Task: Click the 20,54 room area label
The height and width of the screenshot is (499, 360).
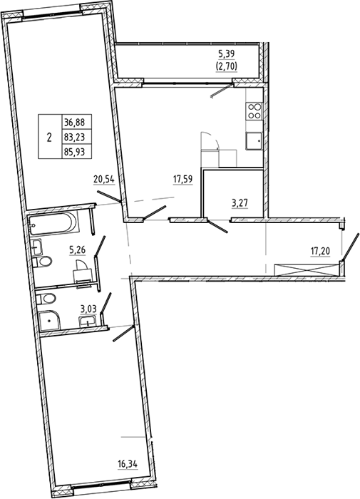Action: click(104, 180)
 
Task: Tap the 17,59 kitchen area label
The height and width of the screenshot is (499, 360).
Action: click(182, 179)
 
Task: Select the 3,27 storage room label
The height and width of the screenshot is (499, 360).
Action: click(240, 202)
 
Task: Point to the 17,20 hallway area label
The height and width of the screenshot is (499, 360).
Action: click(320, 252)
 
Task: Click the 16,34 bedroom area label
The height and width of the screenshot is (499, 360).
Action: click(128, 464)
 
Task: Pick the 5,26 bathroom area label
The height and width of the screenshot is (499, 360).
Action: click(78, 249)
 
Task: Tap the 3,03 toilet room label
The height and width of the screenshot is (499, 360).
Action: click(88, 309)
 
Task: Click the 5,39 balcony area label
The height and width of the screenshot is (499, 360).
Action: click(226, 54)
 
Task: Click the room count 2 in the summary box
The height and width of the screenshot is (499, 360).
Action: click(49, 138)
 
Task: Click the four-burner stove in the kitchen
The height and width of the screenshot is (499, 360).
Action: click(254, 111)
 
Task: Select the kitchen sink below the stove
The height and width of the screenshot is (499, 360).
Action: click(254, 140)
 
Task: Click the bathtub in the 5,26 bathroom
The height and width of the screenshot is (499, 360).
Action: click(53, 224)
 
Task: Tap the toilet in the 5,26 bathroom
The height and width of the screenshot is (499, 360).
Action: click(43, 262)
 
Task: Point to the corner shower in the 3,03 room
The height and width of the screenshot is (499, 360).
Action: click(50, 321)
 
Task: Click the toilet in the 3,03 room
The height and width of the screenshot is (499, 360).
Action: click(46, 299)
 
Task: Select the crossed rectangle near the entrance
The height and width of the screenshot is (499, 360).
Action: click(307, 269)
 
